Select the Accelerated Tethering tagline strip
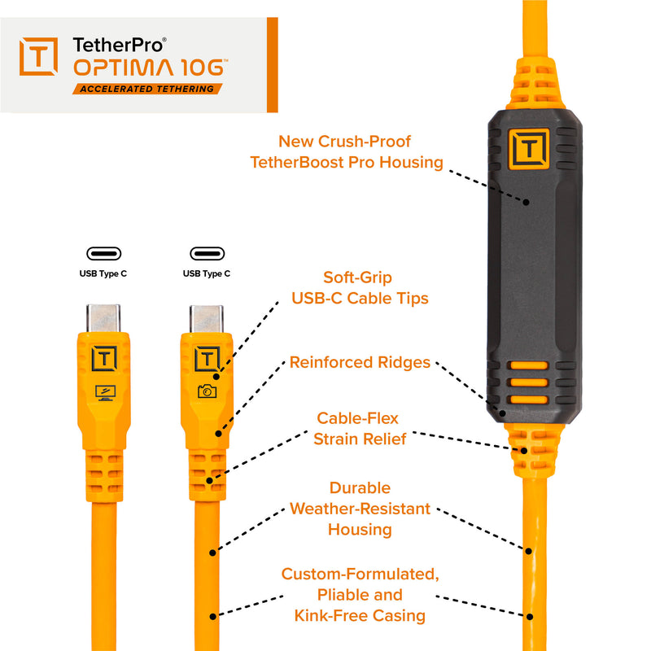(147, 89)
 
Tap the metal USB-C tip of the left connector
(104, 318)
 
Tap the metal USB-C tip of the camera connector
(207, 318)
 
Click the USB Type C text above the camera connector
(207, 274)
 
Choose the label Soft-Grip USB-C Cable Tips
(360, 287)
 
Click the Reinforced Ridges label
(360, 362)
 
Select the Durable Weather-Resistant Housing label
(360, 509)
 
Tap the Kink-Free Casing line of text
(360, 615)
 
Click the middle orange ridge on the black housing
(523, 382)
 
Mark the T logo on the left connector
(104, 358)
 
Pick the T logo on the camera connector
(207, 358)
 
